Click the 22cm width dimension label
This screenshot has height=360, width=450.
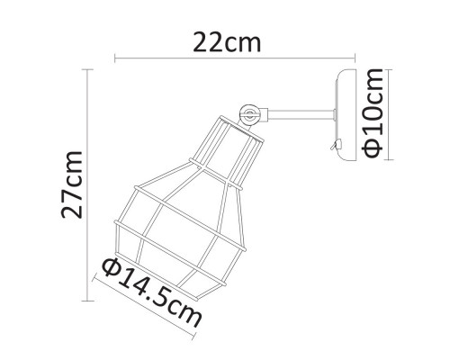point(233,41)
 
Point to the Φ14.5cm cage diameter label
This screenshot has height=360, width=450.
point(150,293)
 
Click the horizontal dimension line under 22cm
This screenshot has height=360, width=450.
point(233,61)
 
